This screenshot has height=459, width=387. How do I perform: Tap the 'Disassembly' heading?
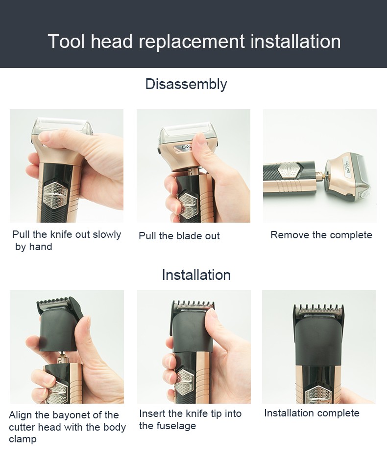(x=186, y=84)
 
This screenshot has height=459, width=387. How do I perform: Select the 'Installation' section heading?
(x=196, y=275)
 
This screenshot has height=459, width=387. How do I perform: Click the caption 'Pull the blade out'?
(x=179, y=236)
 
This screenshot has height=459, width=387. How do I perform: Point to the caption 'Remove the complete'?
(x=321, y=235)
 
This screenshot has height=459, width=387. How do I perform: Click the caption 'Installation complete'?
(x=312, y=413)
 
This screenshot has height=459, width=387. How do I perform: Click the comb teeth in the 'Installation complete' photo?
(x=318, y=310)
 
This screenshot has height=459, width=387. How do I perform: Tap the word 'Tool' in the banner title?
(x=66, y=42)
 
